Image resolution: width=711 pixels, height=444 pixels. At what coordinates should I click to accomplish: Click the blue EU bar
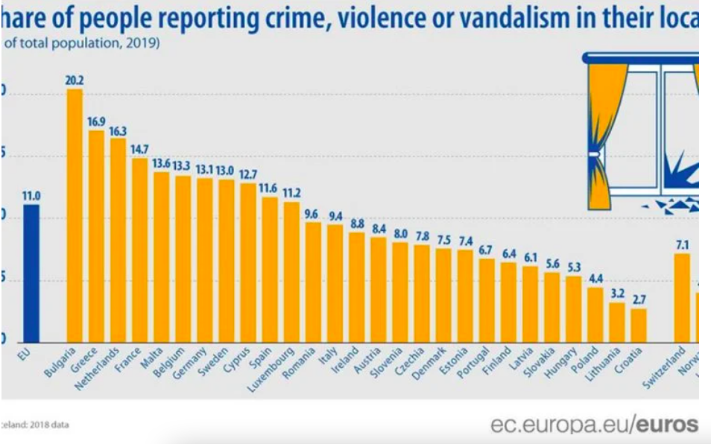pos(31,272)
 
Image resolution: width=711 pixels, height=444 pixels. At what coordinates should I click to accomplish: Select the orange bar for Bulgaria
pos(75,216)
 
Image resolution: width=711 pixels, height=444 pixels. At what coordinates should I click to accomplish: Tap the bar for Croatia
pos(639,324)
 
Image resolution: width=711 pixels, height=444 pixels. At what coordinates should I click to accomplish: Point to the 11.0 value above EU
pos(31,197)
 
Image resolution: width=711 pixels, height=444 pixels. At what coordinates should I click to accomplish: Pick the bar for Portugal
pos(487,299)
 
